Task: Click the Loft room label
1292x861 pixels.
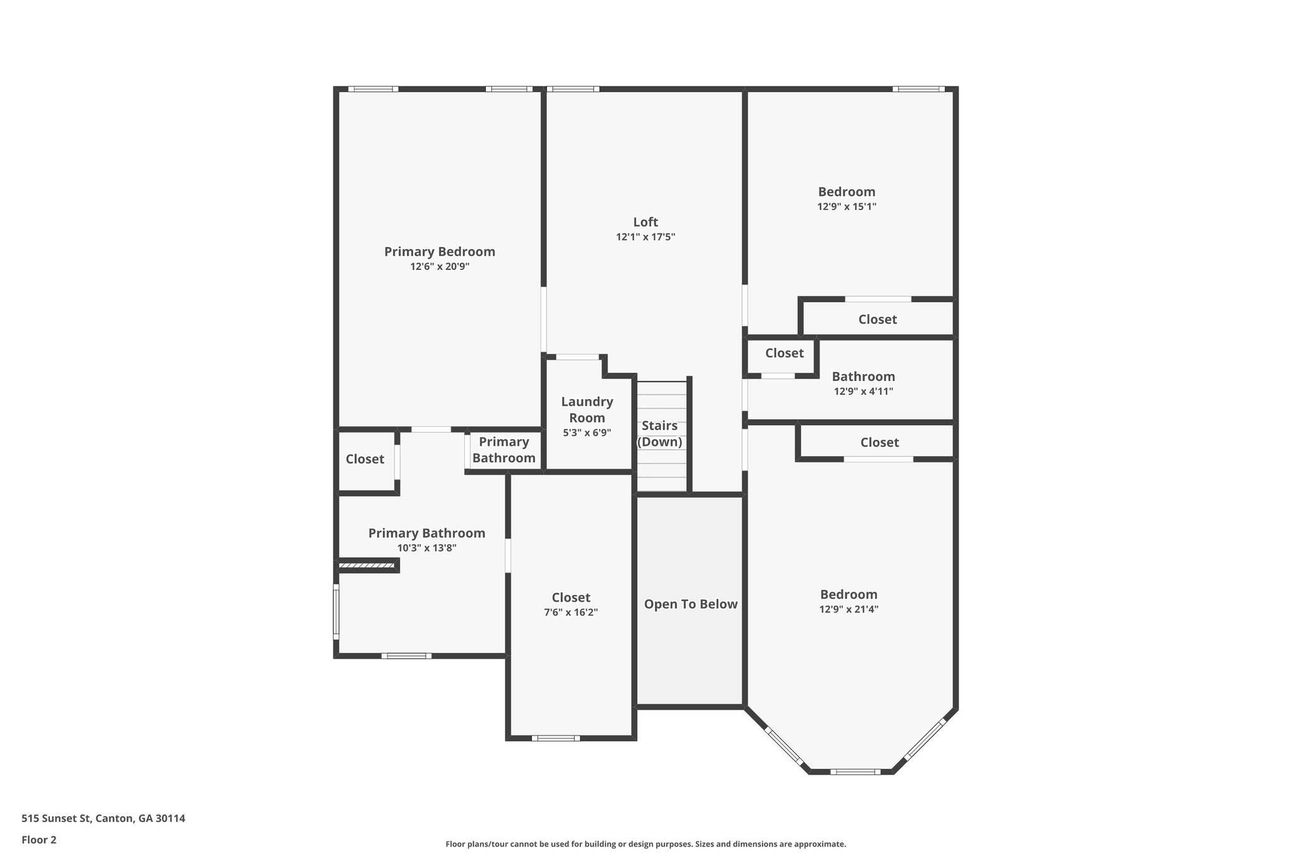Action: click(645, 222)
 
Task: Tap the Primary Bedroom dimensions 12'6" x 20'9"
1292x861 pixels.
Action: click(440, 267)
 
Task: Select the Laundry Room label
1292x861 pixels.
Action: click(587, 409)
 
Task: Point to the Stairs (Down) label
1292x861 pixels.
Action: click(660, 434)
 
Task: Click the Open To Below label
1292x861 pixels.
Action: click(690, 604)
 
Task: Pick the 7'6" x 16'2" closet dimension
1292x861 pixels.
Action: click(571, 612)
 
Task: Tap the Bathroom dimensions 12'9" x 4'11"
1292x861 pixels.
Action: click(863, 392)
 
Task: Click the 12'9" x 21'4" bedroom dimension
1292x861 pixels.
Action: click(849, 609)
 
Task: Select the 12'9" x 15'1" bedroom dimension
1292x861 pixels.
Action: click(847, 207)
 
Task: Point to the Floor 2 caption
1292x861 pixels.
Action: click(39, 840)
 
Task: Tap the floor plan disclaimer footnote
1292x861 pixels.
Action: click(645, 844)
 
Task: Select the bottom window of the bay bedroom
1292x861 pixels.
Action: click(855, 771)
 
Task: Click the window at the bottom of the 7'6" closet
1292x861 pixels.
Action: click(555, 738)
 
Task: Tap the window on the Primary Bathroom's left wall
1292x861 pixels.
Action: click(336, 612)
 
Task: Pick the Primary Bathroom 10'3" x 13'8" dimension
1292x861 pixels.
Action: click(427, 548)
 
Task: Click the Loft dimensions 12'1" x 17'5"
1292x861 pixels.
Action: click(645, 237)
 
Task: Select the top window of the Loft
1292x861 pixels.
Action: click(572, 89)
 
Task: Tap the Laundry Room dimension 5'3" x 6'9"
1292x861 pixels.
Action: click(587, 433)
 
